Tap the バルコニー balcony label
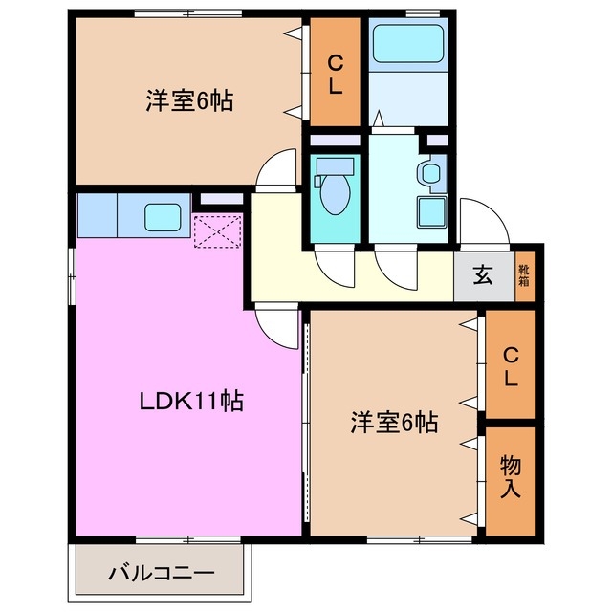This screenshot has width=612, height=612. point(161,574)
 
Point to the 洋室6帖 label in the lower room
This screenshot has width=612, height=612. point(393,422)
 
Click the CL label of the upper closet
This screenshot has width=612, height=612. point(335,75)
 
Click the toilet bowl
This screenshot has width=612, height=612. point(334,191)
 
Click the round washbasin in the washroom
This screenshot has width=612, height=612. point(431,174)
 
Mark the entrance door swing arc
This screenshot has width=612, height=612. point(483,222)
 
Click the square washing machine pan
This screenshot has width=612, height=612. point(433,212)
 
